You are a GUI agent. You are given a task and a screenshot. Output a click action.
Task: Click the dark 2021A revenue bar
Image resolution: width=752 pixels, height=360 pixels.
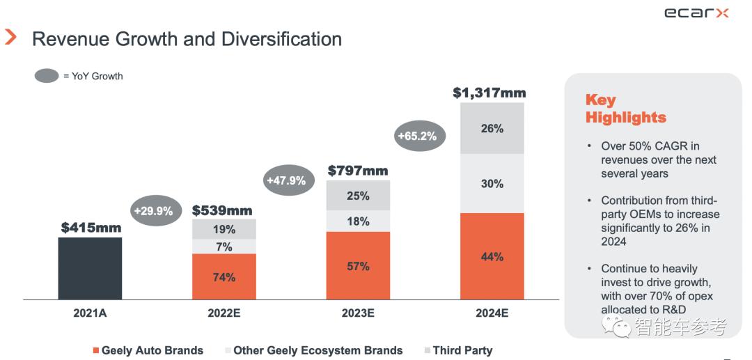coord(90,268)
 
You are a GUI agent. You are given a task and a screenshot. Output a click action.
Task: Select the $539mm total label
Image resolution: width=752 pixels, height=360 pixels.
coord(222,210)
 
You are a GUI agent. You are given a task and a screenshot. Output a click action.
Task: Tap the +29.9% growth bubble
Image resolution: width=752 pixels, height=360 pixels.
coord(153,210)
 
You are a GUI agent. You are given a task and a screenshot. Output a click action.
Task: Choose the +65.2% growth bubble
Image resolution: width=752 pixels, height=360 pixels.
coord(417,136)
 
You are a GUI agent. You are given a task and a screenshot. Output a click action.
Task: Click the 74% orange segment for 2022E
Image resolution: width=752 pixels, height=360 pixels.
coord(224,276)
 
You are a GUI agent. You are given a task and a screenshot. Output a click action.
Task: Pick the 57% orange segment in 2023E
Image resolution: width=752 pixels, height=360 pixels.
coord(358,265)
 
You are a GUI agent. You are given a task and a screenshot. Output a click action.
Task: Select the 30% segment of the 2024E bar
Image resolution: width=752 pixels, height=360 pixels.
coord(492,183)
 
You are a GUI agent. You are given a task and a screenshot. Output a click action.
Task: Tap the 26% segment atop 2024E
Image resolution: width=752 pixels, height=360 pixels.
coord(492,129)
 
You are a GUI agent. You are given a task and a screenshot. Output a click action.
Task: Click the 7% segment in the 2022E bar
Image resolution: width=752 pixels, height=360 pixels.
coord(224,246)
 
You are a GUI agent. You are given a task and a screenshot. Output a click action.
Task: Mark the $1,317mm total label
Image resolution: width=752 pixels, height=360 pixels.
coord(489,93)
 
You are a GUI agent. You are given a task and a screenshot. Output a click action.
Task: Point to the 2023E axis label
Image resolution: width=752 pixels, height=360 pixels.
coord(358,313)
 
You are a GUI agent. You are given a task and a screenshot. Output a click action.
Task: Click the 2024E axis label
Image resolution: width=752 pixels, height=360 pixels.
coord(492,313)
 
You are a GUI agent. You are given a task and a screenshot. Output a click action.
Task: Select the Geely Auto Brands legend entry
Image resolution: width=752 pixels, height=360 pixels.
coord(148,350)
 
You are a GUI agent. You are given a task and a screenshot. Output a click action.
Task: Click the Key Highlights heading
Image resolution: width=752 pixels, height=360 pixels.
coord(625,109)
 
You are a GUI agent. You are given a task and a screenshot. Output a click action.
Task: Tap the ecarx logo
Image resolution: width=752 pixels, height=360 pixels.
coord(696,13)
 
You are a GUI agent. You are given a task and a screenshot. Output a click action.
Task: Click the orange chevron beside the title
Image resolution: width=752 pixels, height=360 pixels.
coord(10,38)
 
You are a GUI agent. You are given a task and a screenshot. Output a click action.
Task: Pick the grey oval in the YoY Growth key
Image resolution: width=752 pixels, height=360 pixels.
coord(47,76)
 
